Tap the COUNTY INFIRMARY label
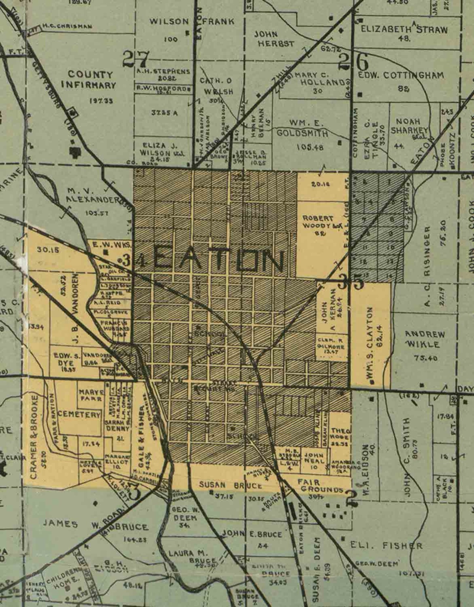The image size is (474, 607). (x=89, y=80)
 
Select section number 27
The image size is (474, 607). (x=136, y=59)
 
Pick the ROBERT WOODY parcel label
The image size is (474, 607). (x=318, y=222)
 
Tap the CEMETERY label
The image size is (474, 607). (x=79, y=415)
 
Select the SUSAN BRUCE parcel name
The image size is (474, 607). (x=231, y=485)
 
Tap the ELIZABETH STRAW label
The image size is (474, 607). (x=404, y=30)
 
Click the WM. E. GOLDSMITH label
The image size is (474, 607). (x=302, y=128)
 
